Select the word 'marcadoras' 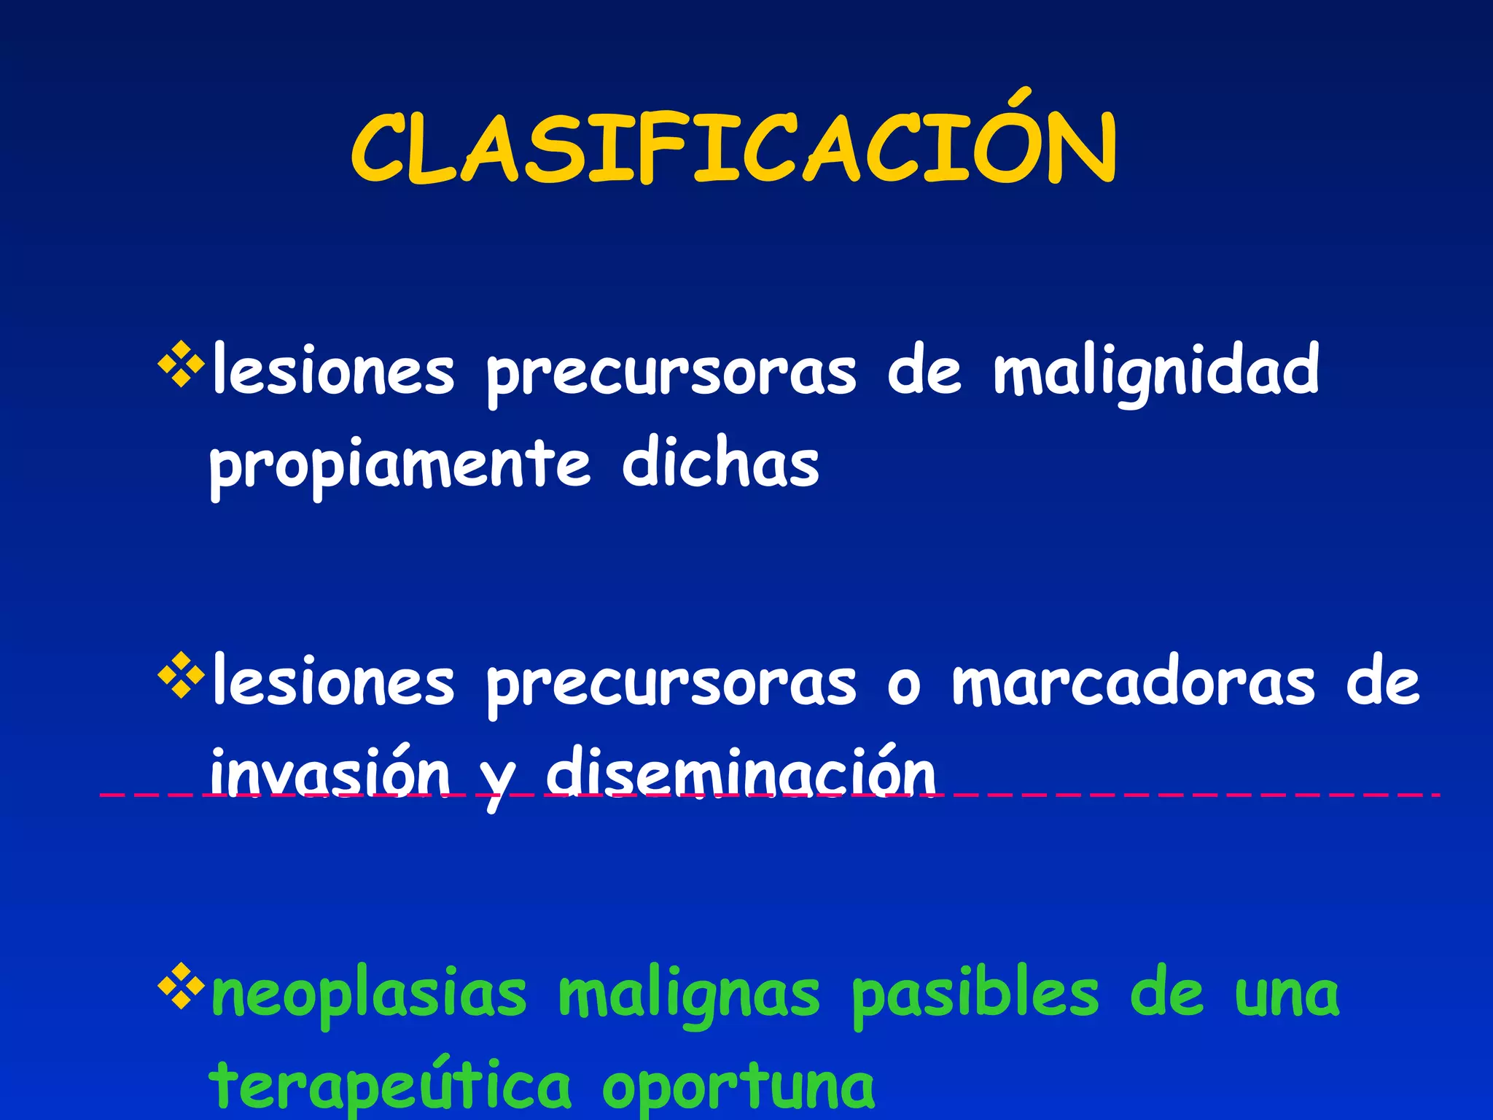(x=1134, y=683)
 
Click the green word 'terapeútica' (x=390, y=1086)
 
